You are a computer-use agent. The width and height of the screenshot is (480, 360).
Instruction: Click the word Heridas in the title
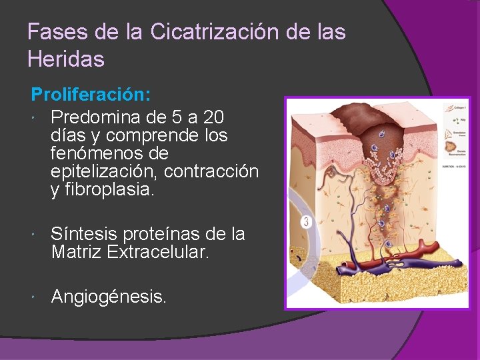point(66,59)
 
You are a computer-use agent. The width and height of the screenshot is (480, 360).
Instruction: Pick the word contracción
point(211,171)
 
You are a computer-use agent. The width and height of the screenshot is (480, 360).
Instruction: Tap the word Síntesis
point(82,234)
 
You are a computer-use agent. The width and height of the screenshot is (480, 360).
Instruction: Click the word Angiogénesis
point(109,296)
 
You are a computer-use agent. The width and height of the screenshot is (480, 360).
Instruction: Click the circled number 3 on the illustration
point(305,221)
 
